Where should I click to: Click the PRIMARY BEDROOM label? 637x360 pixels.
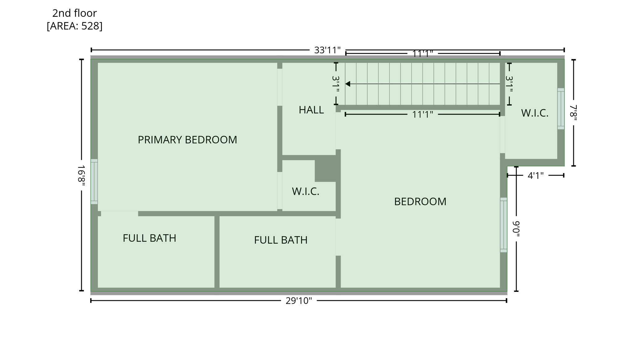pyautogui.click(x=187, y=140)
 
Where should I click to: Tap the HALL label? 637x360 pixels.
pyautogui.click(x=311, y=110)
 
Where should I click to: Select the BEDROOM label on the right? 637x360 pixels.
pyautogui.click(x=420, y=202)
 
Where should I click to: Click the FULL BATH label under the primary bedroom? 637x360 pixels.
pyautogui.click(x=149, y=238)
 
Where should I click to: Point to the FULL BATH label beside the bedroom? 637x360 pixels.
pyautogui.click(x=281, y=240)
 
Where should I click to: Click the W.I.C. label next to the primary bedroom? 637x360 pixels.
pyautogui.click(x=305, y=191)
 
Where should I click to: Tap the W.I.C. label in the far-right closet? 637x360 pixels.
pyautogui.click(x=534, y=113)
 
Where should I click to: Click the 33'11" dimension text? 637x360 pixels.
pyautogui.click(x=327, y=50)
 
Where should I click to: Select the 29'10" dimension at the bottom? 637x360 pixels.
pyautogui.click(x=299, y=301)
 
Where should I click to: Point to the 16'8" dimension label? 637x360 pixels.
pyautogui.click(x=81, y=175)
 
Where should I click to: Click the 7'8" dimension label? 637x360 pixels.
pyautogui.click(x=573, y=113)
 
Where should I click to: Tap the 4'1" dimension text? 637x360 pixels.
pyautogui.click(x=536, y=175)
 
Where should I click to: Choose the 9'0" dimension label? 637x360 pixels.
pyautogui.click(x=516, y=229)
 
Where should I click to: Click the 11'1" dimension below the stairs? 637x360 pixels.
pyautogui.click(x=422, y=115)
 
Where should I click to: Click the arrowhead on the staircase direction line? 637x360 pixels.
pyautogui.click(x=348, y=84)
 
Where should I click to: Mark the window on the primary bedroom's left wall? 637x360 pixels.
pyautogui.click(x=94, y=181)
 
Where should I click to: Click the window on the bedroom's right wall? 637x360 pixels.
pyautogui.click(x=503, y=225)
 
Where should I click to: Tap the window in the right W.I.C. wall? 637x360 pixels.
pyautogui.click(x=560, y=109)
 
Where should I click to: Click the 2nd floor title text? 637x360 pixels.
pyautogui.click(x=74, y=13)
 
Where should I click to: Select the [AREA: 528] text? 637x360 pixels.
pyautogui.click(x=74, y=26)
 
